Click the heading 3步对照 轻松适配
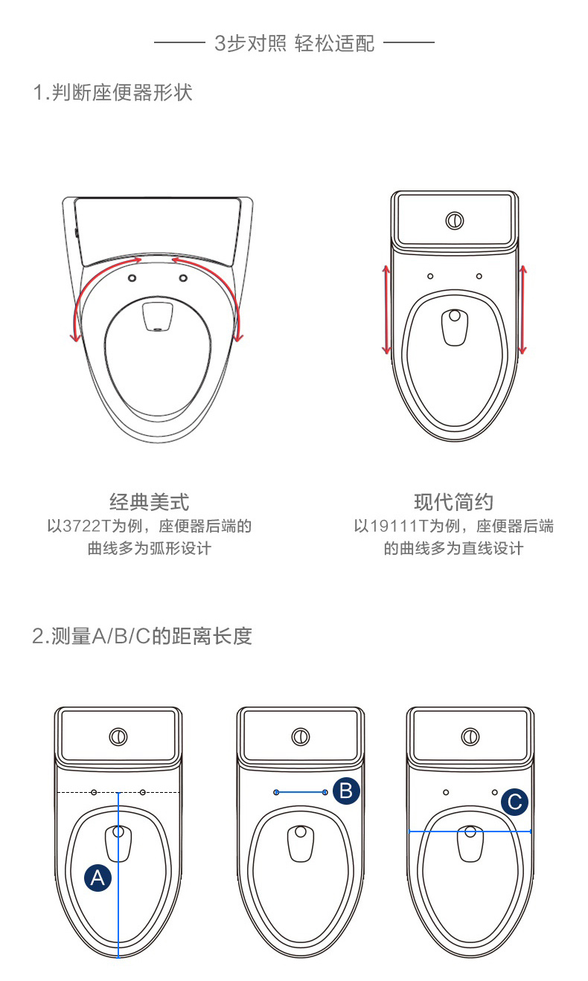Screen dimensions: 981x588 [x=294, y=43]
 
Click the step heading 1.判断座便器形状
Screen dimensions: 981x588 [x=112, y=93]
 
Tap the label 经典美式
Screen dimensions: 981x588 [x=149, y=502]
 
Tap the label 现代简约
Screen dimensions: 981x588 [x=453, y=502]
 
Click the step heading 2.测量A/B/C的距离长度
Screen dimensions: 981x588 [x=142, y=637]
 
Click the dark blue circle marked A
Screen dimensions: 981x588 [x=98, y=878]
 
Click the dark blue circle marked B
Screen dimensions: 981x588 [x=345, y=791]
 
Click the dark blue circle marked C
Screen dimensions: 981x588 [x=514, y=802]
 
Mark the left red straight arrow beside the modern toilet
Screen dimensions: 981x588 [x=386, y=309]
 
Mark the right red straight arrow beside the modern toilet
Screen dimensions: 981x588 [x=523, y=309]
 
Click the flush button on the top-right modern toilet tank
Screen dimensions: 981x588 [x=454, y=221]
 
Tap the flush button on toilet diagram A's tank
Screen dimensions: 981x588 [x=118, y=737]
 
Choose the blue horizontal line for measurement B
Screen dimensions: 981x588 [x=301, y=793]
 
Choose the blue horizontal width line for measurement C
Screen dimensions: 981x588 [x=470, y=832]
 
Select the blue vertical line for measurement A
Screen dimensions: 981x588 [x=118, y=878]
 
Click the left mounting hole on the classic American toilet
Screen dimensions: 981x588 [x=132, y=277]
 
